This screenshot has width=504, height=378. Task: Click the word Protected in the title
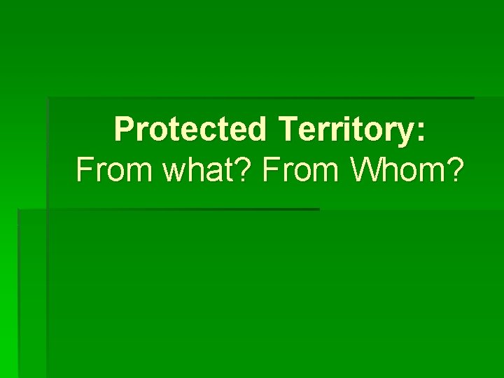click(x=190, y=130)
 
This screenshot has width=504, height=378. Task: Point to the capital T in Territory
click(x=288, y=130)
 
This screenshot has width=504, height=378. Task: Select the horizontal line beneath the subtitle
click(x=168, y=209)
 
